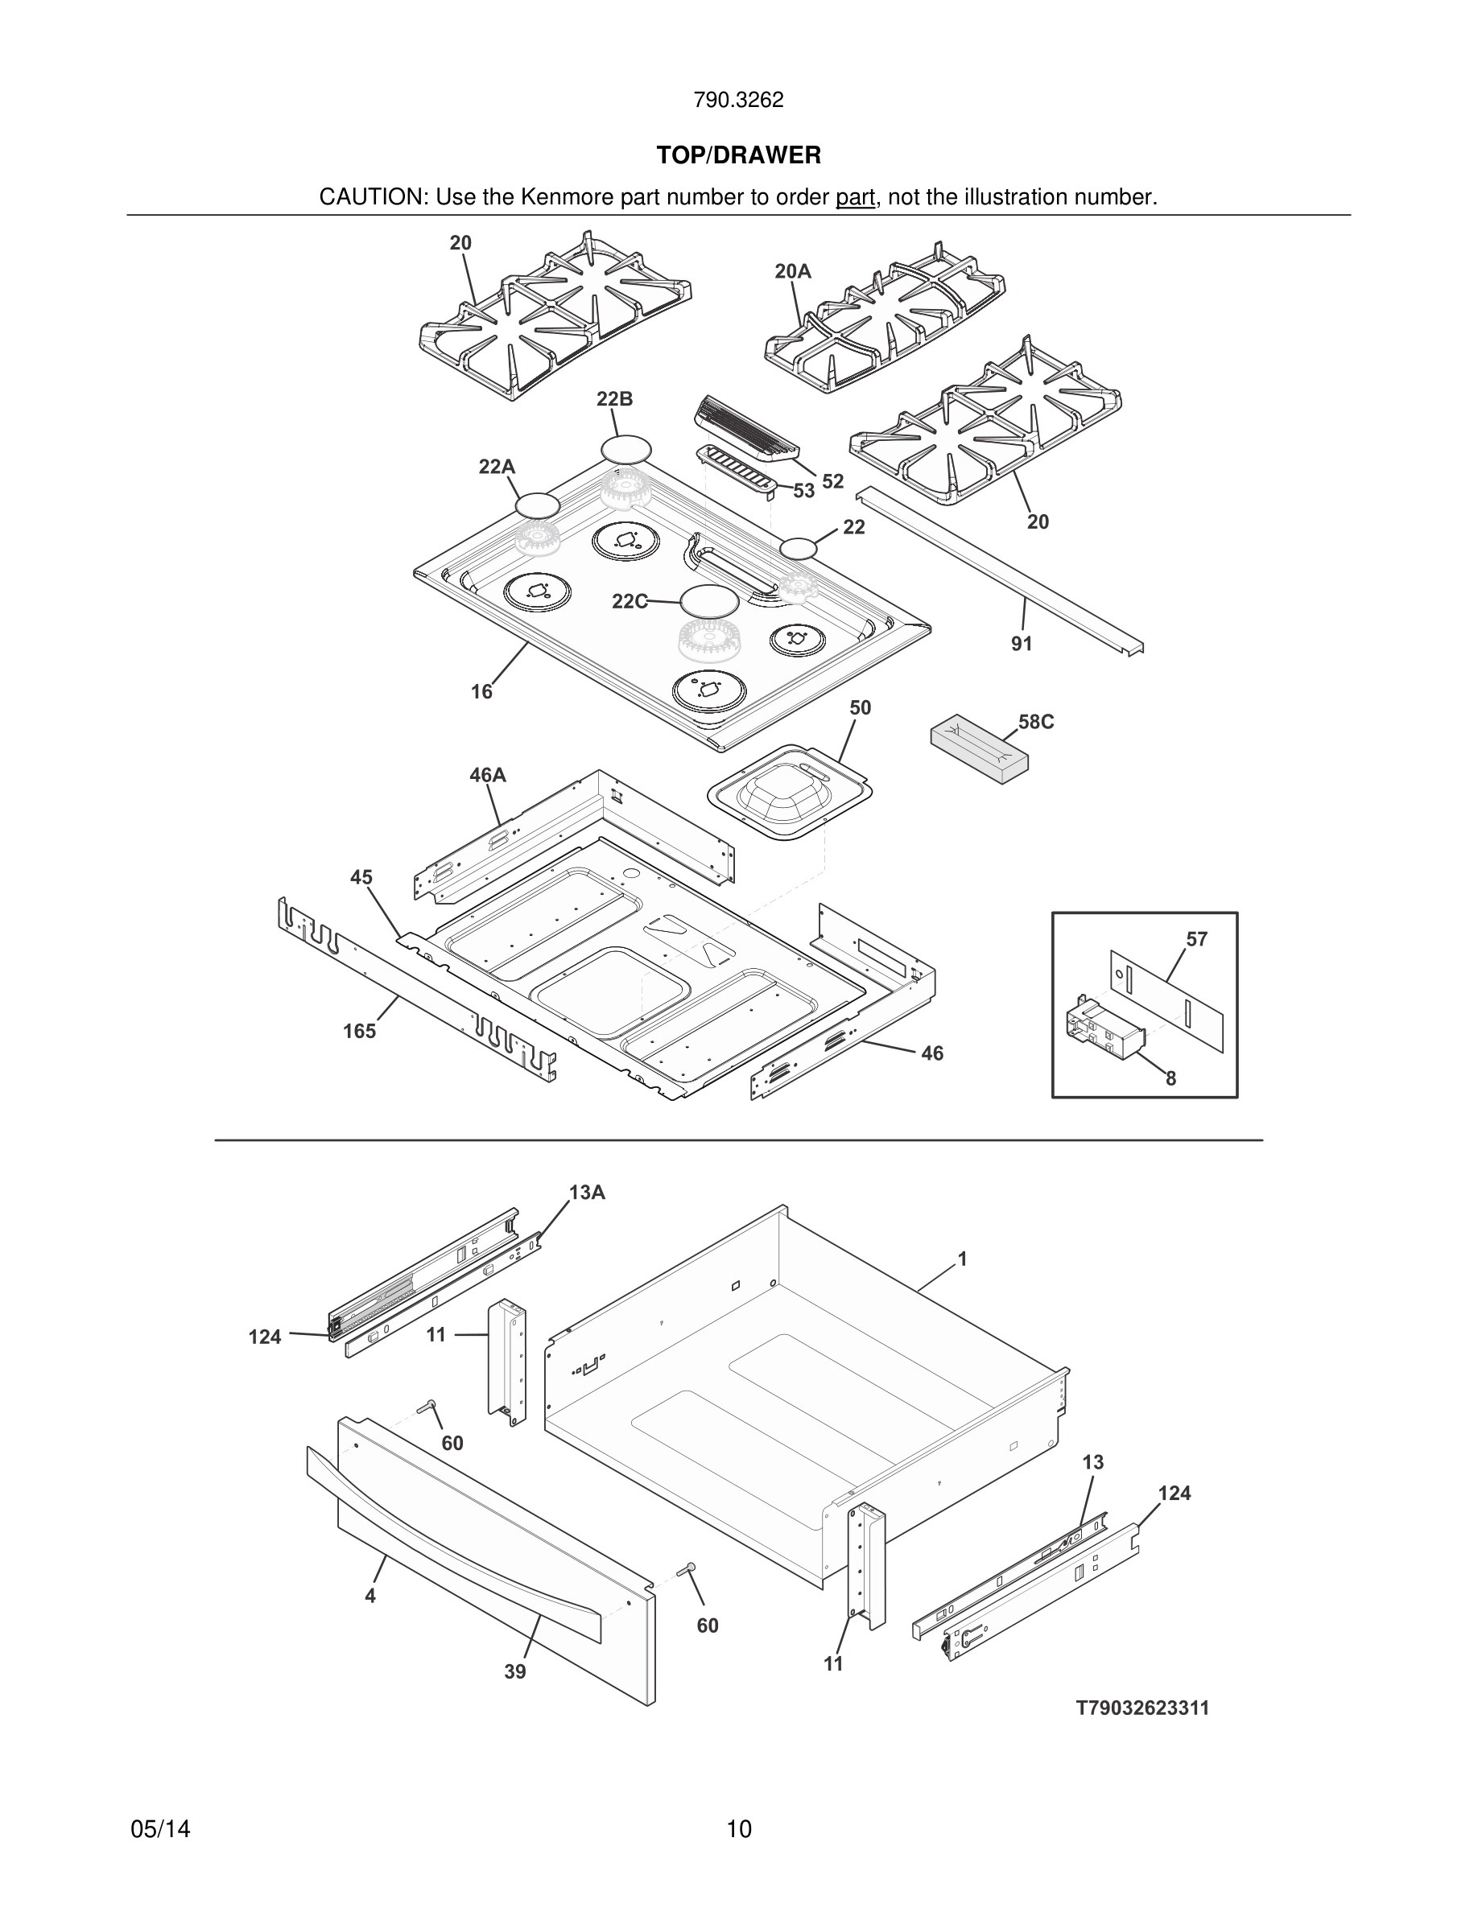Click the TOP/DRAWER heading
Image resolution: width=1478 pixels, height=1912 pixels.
click(x=738, y=155)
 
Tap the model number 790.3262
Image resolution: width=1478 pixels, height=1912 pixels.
click(x=738, y=100)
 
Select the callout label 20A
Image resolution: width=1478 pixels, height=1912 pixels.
click(x=792, y=271)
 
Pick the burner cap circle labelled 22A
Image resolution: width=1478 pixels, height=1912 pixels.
click(x=537, y=505)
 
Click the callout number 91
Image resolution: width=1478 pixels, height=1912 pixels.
click(x=1021, y=644)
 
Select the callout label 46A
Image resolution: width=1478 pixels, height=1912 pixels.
click(x=488, y=775)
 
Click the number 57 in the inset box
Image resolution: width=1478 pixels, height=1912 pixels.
click(x=1196, y=939)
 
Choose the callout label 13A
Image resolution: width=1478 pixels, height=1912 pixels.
click(x=587, y=1193)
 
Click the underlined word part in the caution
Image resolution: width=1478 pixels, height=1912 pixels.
click(x=855, y=197)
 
